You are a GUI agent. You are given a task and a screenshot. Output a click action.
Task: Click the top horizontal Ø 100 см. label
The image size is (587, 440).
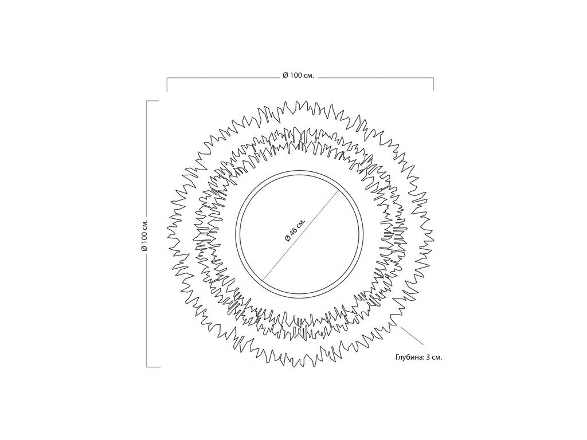click(x=298, y=75)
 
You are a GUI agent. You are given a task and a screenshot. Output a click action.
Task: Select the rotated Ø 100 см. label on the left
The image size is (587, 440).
click(x=144, y=234)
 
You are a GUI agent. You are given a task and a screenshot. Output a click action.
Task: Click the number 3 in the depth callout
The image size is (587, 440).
click(x=428, y=357)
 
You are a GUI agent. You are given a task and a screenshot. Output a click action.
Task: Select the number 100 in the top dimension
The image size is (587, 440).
click(x=295, y=75)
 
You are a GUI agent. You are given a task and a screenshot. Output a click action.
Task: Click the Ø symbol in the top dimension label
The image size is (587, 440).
click(x=285, y=75)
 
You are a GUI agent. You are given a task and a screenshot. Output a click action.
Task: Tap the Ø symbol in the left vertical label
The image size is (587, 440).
click(x=144, y=247)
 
